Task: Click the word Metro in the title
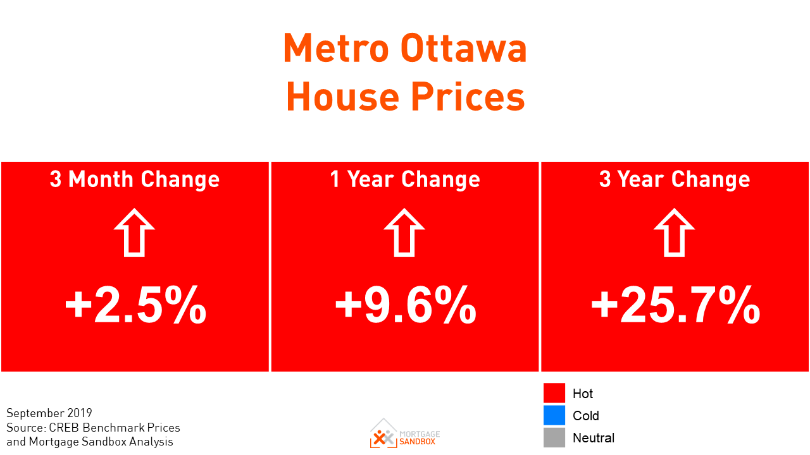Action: click(335, 49)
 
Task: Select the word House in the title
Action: click(342, 98)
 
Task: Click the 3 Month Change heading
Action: click(135, 179)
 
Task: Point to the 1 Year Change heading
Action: click(405, 179)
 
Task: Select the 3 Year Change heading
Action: click(675, 179)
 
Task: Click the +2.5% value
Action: click(135, 305)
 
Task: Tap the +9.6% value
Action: click(406, 305)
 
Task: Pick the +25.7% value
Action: click(675, 305)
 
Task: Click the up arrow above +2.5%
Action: click(134, 233)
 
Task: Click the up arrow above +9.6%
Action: click(404, 233)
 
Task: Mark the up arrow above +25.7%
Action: click(675, 233)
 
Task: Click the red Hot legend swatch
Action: click(554, 393)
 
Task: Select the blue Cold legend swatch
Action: click(554, 415)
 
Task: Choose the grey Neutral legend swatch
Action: click(554, 437)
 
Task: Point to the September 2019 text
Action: click(49, 413)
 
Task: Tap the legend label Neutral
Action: click(593, 438)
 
